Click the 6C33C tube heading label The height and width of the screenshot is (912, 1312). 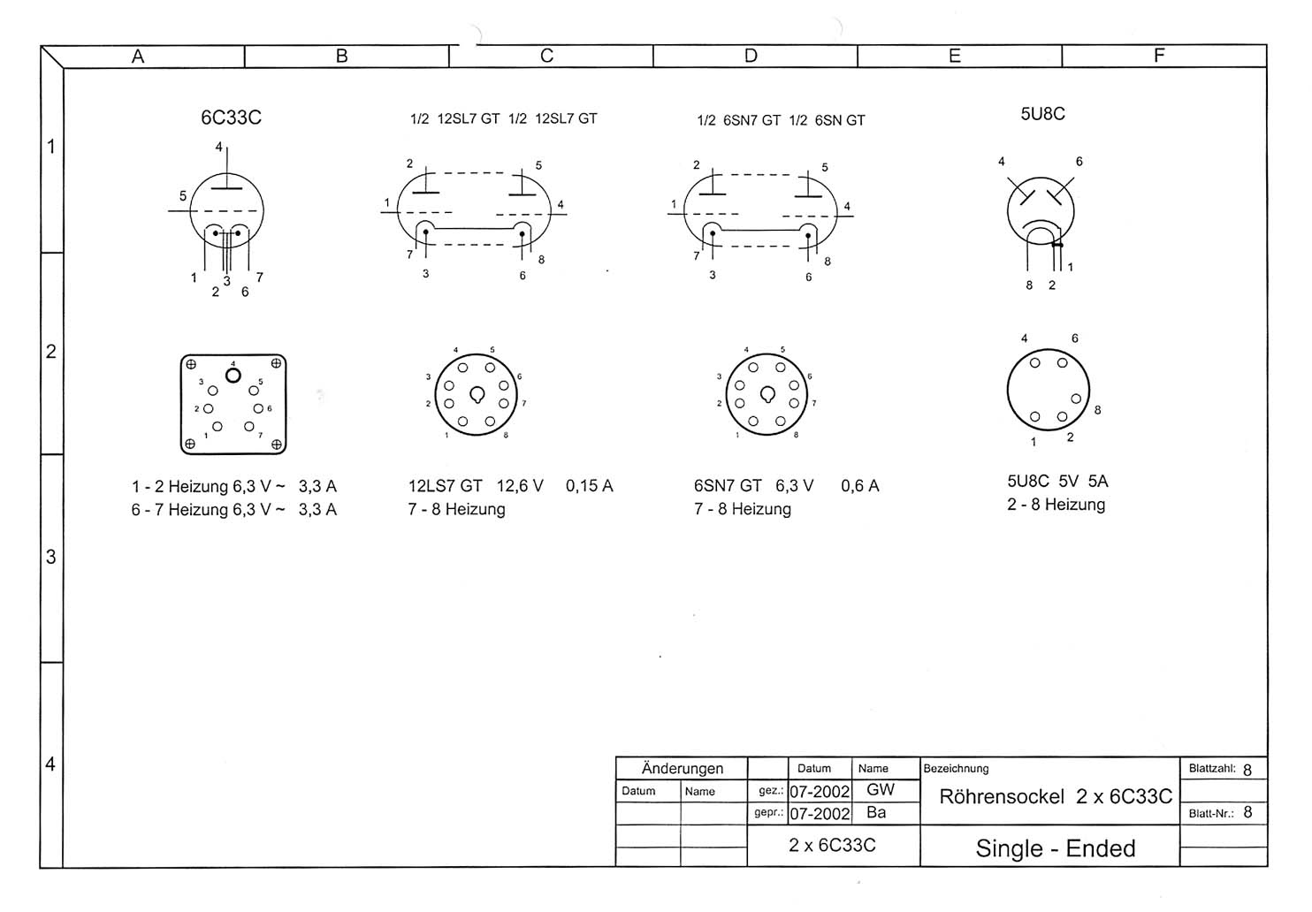coord(231,118)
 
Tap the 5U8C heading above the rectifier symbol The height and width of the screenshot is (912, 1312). coord(1042,114)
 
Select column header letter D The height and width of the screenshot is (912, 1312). coord(751,56)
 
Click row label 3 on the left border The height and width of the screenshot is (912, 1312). coord(51,557)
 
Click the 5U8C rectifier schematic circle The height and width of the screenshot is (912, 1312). coord(1008,210)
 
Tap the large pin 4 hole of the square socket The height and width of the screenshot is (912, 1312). coord(233,376)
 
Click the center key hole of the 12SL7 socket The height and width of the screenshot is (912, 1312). coord(477,395)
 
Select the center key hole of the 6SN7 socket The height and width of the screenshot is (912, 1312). coord(767,395)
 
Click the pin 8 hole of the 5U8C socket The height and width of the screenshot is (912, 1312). coord(1076,399)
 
